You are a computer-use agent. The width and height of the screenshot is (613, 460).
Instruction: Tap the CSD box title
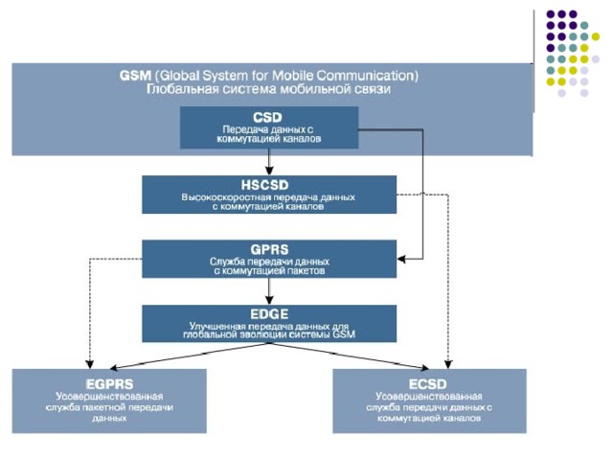[268, 117]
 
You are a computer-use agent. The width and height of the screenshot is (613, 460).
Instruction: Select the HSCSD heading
[268, 184]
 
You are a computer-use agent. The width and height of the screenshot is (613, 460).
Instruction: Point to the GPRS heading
[268, 248]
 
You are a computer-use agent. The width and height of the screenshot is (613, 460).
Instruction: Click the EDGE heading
[268, 313]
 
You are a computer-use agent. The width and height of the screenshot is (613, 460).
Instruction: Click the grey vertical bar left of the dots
[534, 58]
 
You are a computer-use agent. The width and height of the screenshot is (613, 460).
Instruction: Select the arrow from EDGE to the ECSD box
[364, 356]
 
